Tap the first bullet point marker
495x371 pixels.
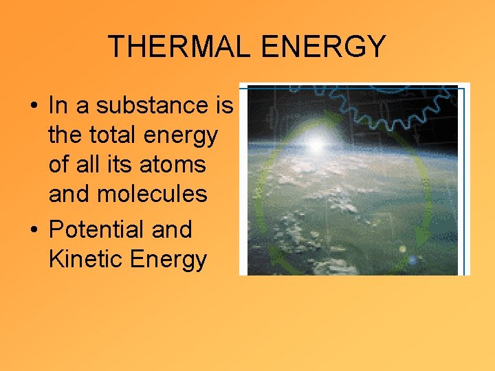point(33,106)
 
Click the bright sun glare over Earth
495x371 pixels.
point(316,144)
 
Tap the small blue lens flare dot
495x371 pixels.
point(412,260)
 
